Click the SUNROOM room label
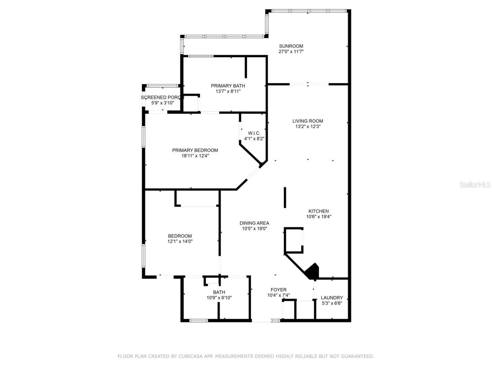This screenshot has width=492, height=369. (291, 46)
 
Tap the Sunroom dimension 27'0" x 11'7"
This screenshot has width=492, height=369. (291, 52)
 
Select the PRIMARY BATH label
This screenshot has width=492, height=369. (228, 86)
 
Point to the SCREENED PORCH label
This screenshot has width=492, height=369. (162, 97)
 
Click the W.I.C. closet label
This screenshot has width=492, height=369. (254, 133)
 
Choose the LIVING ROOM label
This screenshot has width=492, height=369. (307, 121)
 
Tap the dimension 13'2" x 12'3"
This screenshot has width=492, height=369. (307, 126)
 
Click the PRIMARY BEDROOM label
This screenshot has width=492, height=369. (195, 150)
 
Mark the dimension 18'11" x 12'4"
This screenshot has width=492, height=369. (195, 156)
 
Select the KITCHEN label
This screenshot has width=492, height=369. (318, 211)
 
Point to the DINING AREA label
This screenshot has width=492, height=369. (254, 223)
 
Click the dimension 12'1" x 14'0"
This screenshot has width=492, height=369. (180, 241)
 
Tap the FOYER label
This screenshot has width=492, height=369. (278, 290)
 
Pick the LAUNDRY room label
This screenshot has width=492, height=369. (332, 298)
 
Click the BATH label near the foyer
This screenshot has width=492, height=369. (219, 292)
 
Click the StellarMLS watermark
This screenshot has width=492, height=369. (475, 184)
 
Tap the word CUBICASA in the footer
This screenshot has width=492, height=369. (189, 356)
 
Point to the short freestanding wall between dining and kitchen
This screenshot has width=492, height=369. (285, 197)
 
